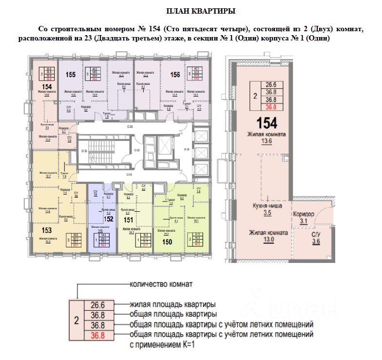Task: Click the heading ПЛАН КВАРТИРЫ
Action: (191, 11)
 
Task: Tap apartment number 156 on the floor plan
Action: (175, 75)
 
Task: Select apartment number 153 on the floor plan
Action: (47, 230)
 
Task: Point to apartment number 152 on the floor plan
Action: (109, 220)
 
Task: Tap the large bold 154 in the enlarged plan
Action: (266, 122)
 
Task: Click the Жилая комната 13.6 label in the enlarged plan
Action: (266, 138)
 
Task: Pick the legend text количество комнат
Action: (161, 284)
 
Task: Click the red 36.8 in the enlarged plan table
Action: (270, 108)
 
